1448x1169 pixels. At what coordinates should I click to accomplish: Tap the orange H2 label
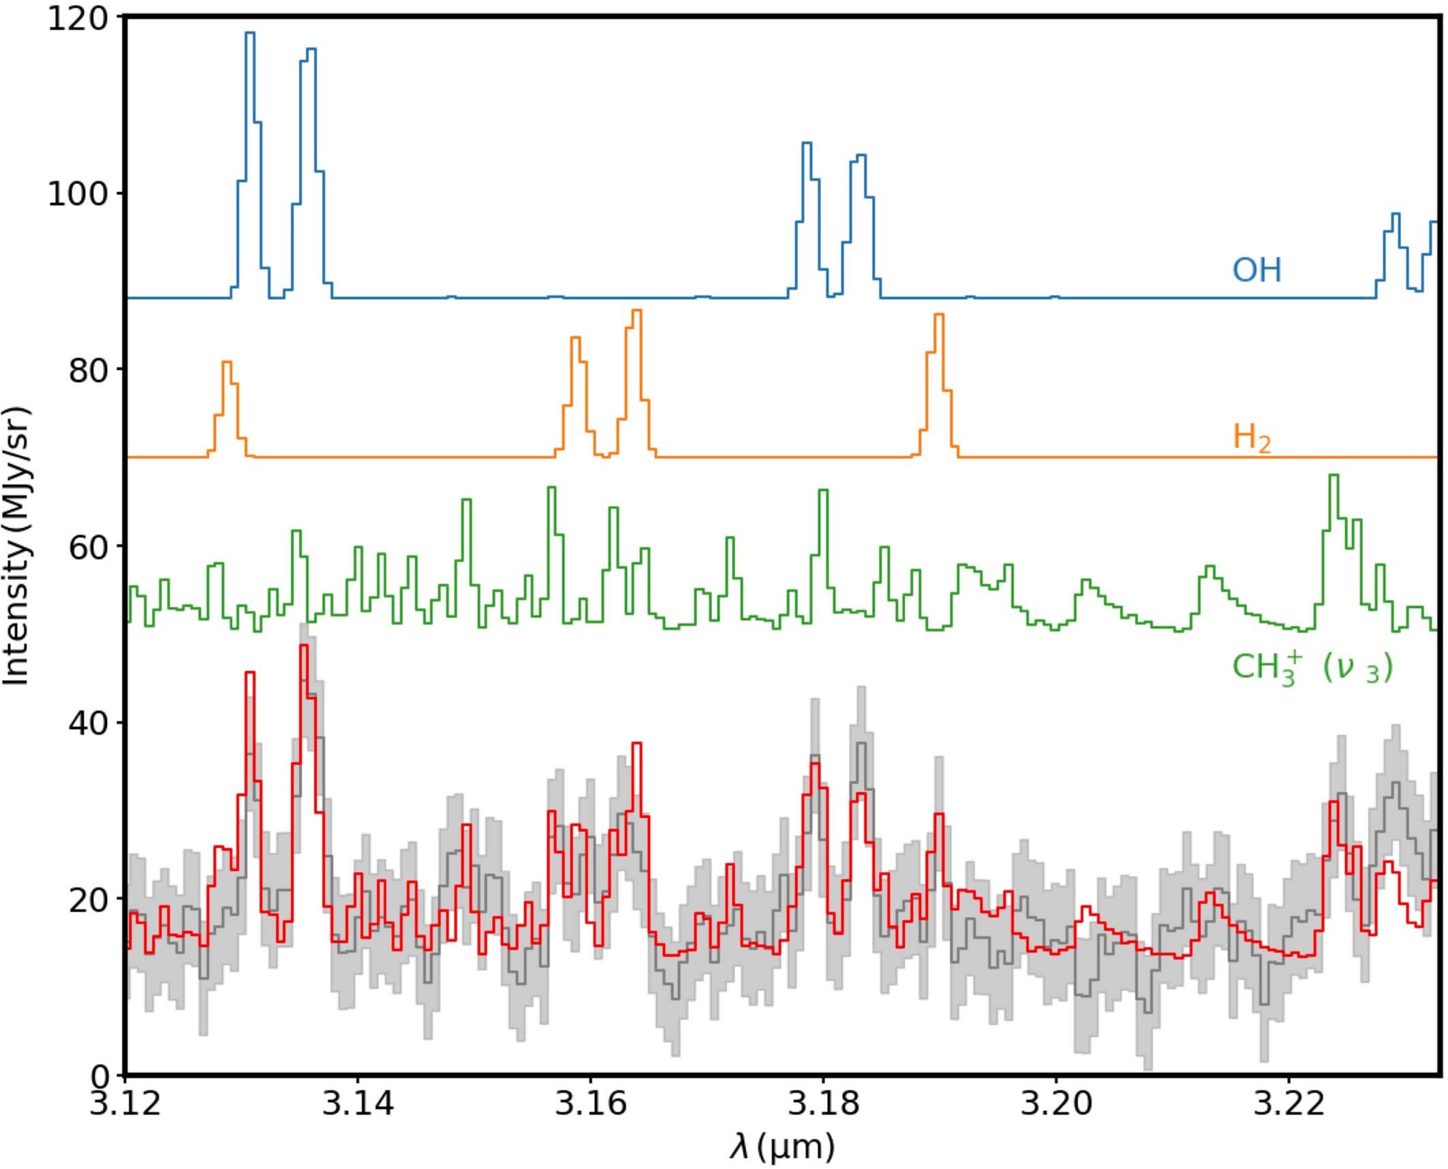(x=1251, y=437)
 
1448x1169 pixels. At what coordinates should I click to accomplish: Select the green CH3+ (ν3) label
(x=1312, y=667)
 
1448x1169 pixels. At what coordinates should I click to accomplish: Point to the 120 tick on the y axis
(x=78, y=18)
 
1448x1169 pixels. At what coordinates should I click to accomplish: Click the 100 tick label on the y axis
(x=78, y=194)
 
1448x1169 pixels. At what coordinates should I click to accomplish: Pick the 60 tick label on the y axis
(x=89, y=546)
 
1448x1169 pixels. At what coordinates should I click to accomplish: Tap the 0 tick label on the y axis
(x=99, y=1076)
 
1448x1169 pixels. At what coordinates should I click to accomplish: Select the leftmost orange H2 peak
(x=227, y=363)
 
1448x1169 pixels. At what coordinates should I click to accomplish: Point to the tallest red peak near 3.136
(x=303, y=646)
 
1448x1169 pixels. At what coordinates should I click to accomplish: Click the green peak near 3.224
(x=1334, y=476)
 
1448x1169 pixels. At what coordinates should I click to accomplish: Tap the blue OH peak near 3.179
(x=806, y=144)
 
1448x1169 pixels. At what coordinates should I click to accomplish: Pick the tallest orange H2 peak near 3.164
(x=636, y=311)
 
